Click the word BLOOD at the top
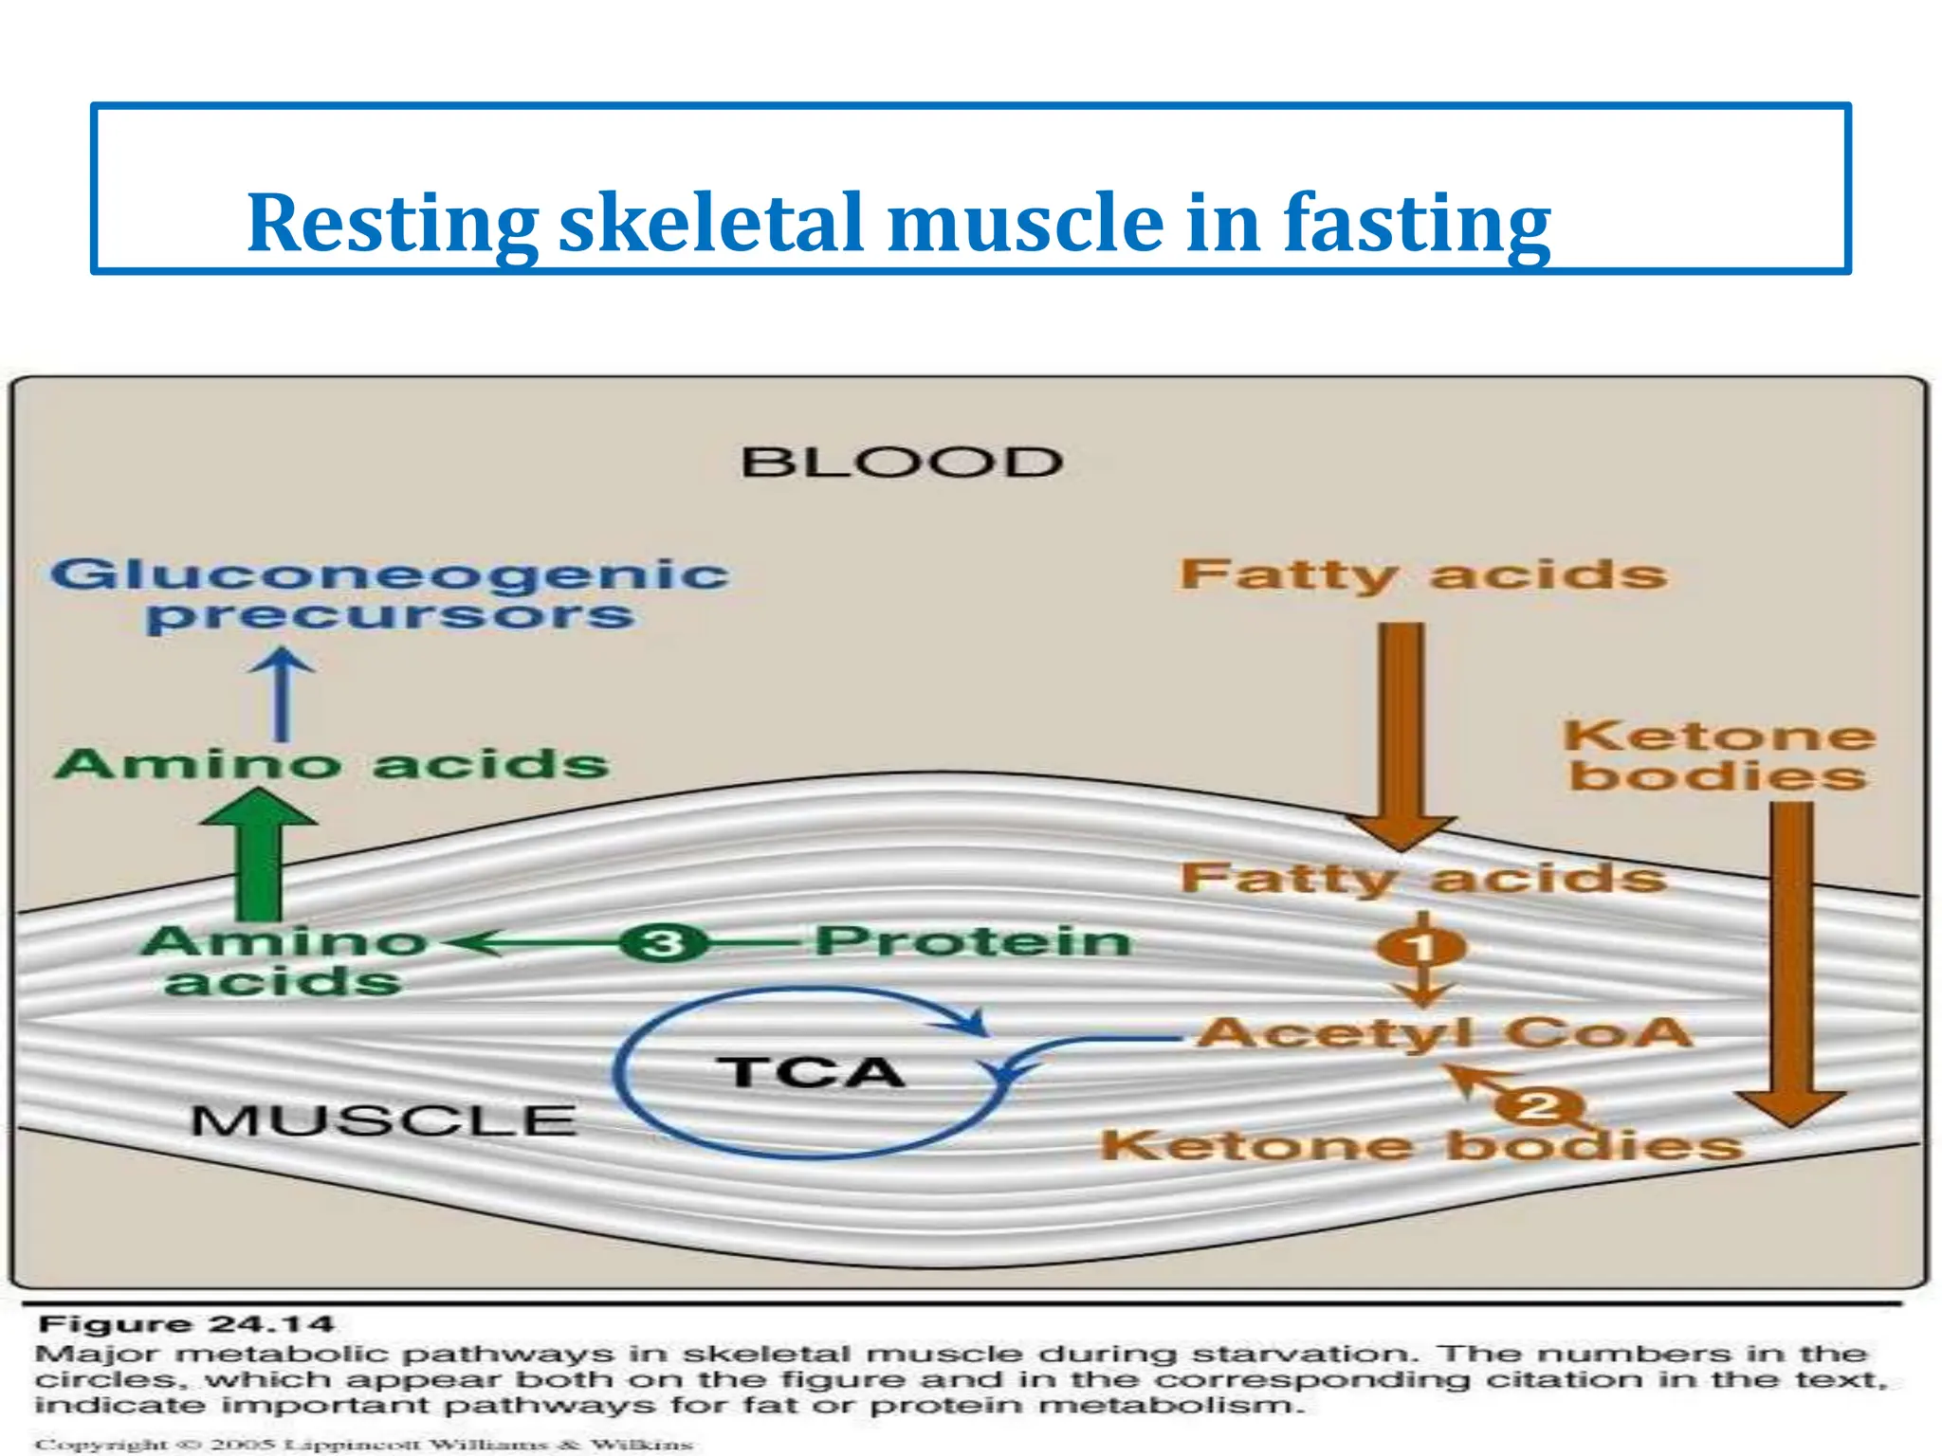[901, 463]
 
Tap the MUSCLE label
[383, 1120]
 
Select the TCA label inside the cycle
[811, 1072]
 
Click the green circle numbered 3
[664, 943]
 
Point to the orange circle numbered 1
[1421, 947]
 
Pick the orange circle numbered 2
[1539, 1105]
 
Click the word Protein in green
[973, 941]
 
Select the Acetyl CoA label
[1444, 1032]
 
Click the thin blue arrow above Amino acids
[282, 694]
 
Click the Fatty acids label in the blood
[1422, 575]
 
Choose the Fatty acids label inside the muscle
[1422, 878]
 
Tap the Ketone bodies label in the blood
[1718, 755]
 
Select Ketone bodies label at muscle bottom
[1421, 1146]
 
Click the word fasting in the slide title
[1417, 223]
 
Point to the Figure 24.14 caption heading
[186, 1324]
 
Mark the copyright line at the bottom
[364, 1445]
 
